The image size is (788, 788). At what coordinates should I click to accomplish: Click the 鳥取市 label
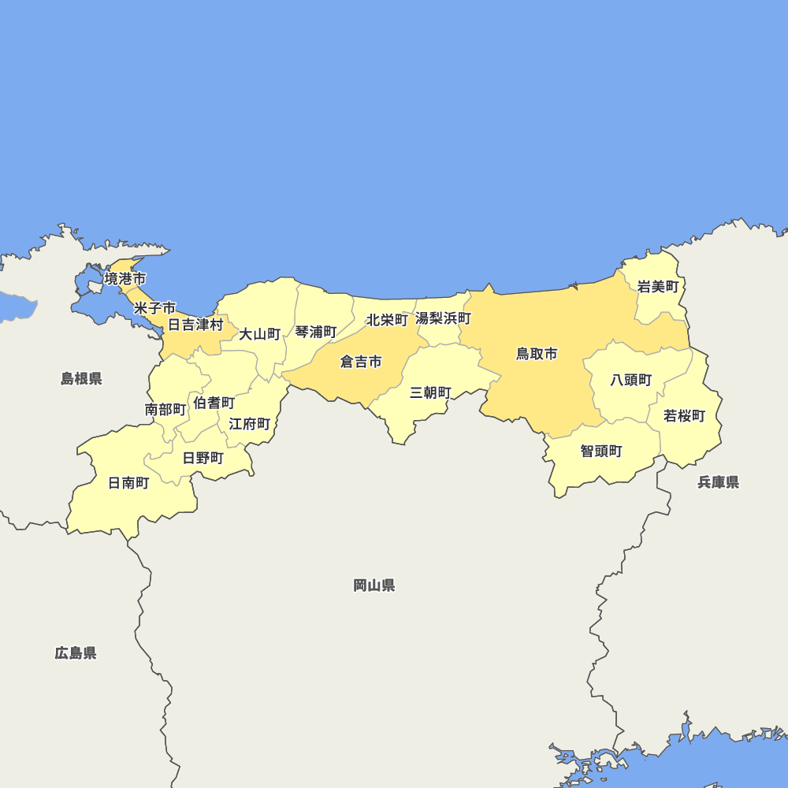537,354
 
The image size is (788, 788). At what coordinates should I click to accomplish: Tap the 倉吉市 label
361,362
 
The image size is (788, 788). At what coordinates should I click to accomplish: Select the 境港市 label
125,278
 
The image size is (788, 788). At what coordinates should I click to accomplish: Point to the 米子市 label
154,307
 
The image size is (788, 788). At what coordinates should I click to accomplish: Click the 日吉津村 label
195,324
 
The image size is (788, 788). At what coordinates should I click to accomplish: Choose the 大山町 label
260,333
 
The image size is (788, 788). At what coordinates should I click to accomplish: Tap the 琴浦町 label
316,332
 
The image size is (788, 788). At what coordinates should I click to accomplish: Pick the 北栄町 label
387,321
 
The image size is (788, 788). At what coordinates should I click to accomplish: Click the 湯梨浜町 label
443,318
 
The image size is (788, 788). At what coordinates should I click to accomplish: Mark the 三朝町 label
430,392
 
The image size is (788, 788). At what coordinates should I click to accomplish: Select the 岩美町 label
657,286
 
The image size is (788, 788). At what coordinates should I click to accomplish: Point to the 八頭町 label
631,380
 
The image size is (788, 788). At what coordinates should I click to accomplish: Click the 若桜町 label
684,415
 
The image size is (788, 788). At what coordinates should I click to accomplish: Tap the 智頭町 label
601,451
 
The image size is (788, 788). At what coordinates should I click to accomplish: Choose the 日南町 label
128,483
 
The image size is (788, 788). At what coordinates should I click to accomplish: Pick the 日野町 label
203,457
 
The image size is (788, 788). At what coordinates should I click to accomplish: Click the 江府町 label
250,424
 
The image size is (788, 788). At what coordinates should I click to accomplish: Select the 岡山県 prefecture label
374,585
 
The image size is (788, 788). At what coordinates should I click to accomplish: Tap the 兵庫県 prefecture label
718,482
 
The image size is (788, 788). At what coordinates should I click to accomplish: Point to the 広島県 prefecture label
76,652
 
